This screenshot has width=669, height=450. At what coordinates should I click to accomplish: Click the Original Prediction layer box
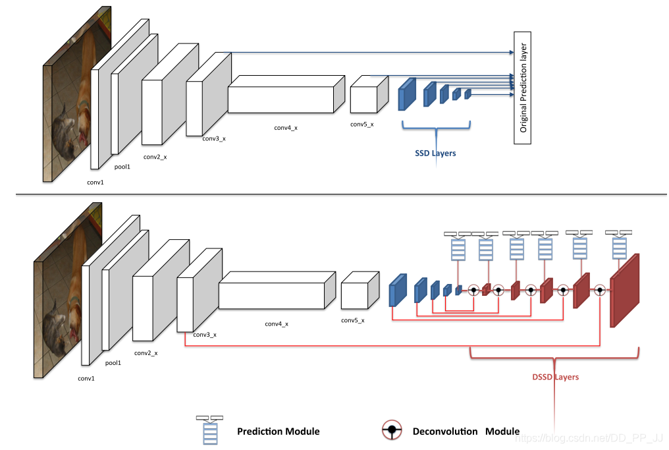[522, 88]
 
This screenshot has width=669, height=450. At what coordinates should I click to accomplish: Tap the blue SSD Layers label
[435, 153]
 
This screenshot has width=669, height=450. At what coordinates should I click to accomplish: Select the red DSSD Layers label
[555, 377]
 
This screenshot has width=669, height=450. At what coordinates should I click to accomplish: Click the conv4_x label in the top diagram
[286, 127]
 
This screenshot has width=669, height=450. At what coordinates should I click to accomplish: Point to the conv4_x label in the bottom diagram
[277, 323]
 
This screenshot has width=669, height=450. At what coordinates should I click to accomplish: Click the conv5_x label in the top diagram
[361, 125]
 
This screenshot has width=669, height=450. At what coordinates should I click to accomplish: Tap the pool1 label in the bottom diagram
[113, 362]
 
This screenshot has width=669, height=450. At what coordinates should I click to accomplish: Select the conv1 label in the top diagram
[95, 182]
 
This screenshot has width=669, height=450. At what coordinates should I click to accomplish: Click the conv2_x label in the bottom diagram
[146, 353]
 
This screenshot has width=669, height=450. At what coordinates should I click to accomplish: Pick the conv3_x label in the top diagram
[214, 138]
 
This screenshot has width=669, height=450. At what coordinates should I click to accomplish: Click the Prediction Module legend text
[278, 432]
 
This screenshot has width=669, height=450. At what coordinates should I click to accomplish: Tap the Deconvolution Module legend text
[466, 432]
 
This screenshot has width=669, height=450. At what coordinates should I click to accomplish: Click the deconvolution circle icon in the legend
[392, 431]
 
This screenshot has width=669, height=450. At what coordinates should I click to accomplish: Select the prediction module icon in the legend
[209, 430]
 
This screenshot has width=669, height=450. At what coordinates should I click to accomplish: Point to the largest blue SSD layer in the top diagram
[407, 94]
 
